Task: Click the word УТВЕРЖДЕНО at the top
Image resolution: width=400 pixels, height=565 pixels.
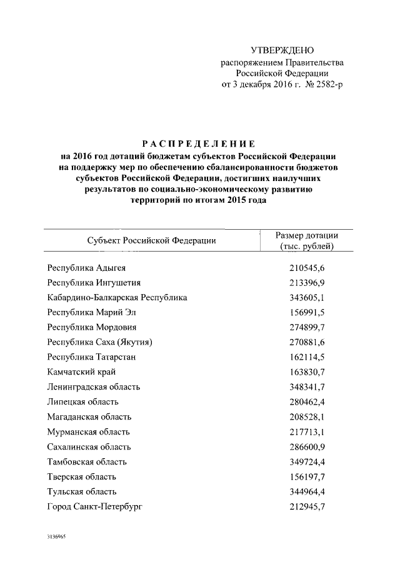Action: (282, 50)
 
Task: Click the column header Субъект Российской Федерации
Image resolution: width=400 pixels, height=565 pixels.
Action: (152, 240)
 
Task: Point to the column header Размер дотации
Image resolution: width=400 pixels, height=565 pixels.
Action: (307, 236)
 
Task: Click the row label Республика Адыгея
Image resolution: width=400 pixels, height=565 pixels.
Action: (87, 268)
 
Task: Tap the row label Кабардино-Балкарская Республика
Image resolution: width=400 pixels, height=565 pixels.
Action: (117, 298)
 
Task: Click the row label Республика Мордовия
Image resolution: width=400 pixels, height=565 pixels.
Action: (92, 327)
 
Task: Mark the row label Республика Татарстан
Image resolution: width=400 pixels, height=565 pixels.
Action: (92, 357)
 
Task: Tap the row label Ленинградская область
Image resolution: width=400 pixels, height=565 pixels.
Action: (94, 387)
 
